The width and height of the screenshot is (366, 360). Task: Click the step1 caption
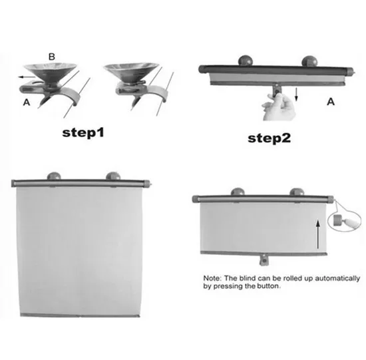coord(83,132)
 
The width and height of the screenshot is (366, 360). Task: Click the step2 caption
coord(269,138)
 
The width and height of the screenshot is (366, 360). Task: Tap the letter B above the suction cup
coord(52,57)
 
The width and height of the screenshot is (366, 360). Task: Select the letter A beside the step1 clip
coord(27,102)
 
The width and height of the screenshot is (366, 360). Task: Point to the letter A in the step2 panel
coord(331,102)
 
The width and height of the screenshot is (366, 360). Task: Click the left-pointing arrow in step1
coord(27,77)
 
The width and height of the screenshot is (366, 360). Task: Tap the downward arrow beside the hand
coord(296,94)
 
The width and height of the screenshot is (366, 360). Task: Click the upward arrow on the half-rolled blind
coord(317,234)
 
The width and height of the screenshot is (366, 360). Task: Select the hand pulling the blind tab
coord(279,107)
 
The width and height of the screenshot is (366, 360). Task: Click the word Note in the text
coord(212,278)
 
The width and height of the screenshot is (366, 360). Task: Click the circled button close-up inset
coord(345,220)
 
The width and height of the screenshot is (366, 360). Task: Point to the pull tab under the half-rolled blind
coord(264,260)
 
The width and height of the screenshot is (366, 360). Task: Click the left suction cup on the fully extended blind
coord(54,176)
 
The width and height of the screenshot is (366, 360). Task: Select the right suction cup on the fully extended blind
coord(113,176)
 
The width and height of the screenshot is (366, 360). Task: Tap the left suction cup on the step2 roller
coord(246,61)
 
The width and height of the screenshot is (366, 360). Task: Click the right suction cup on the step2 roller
coord(309,61)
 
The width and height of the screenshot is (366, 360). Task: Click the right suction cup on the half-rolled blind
coord(297,192)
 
